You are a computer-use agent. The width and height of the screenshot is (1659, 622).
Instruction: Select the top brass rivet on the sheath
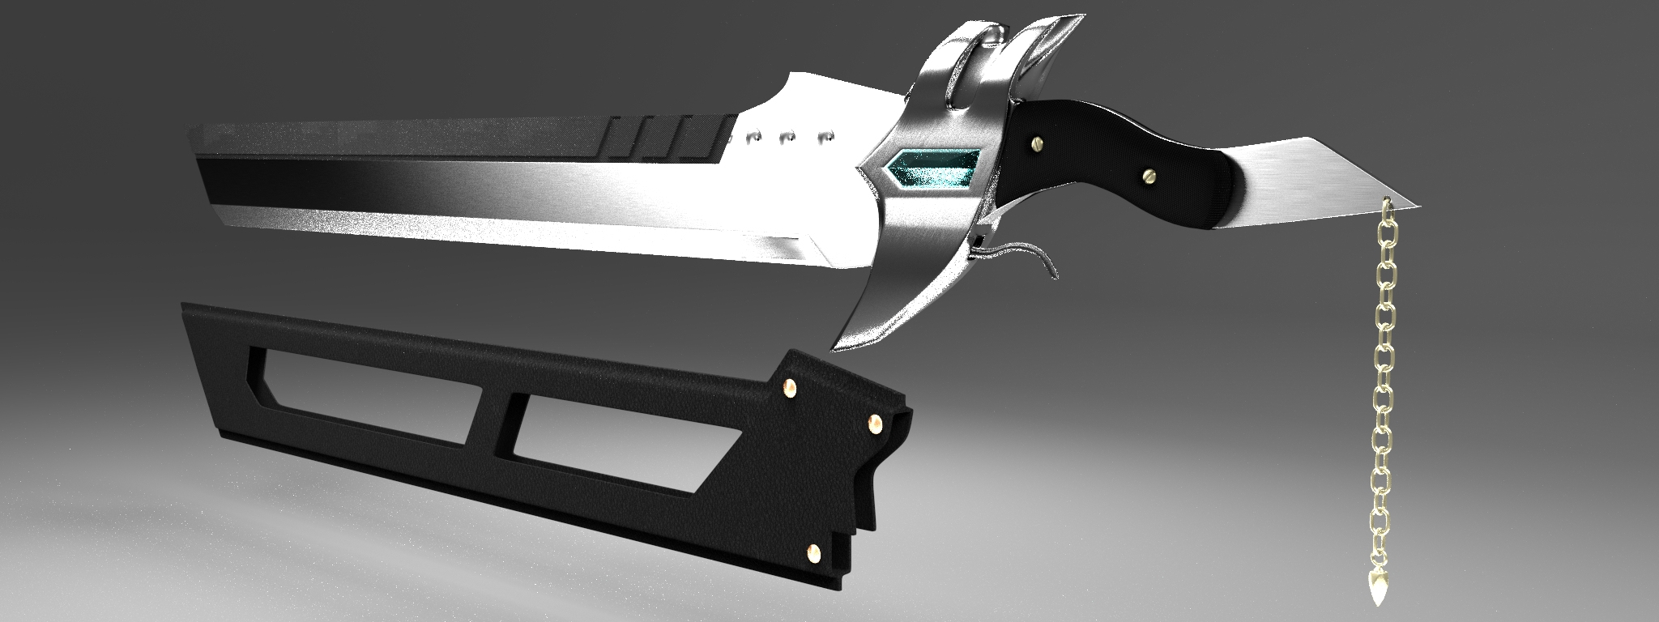[788, 390]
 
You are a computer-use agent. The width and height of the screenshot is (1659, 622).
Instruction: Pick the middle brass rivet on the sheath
[876, 422]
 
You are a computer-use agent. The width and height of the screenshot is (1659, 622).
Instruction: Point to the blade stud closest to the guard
[826, 138]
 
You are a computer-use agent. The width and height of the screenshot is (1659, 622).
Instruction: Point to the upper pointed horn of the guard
[1069, 24]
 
